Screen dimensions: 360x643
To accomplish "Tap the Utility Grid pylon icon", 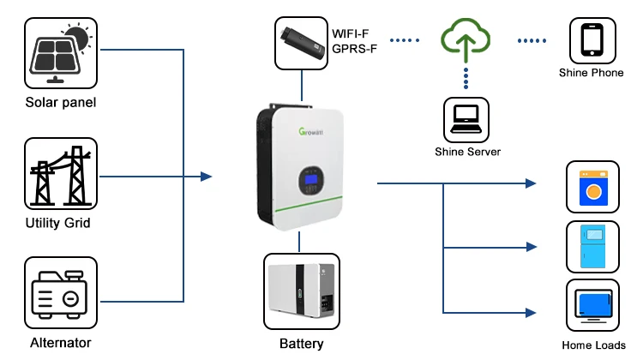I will pyautogui.click(x=60, y=175).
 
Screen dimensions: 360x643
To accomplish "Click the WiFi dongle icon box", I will pyautogui.click(x=301, y=43).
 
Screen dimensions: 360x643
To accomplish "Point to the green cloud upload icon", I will pyautogui.click(x=466, y=39).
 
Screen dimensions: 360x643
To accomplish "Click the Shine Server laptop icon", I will pyautogui.click(x=466, y=119).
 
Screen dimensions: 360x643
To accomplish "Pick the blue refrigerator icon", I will pyautogui.click(x=592, y=247).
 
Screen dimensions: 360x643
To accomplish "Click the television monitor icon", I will pyautogui.click(x=592, y=305).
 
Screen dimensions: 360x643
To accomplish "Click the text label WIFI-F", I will pyautogui.click(x=353, y=35).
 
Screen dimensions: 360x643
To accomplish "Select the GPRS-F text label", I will pyautogui.click(x=355, y=49).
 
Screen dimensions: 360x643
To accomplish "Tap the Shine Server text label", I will pyautogui.click(x=467, y=152).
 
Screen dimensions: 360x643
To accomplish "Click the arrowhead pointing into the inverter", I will pyautogui.click(x=206, y=177).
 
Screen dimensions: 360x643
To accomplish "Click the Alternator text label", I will pyautogui.click(x=60, y=343).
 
